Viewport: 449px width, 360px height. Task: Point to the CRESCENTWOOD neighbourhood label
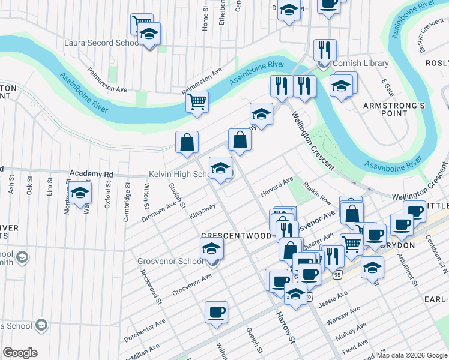(237, 236)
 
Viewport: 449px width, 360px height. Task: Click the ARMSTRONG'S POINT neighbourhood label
(394, 110)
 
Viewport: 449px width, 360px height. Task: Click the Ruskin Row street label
(317, 193)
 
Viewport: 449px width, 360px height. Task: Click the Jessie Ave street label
(333, 299)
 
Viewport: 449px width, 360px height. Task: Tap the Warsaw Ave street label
(346, 315)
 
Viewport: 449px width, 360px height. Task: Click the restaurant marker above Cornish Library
(324, 50)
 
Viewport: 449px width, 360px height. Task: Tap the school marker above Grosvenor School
(212, 248)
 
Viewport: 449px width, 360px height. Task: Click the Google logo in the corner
(20, 353)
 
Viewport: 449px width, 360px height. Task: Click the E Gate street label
(388, 88)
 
